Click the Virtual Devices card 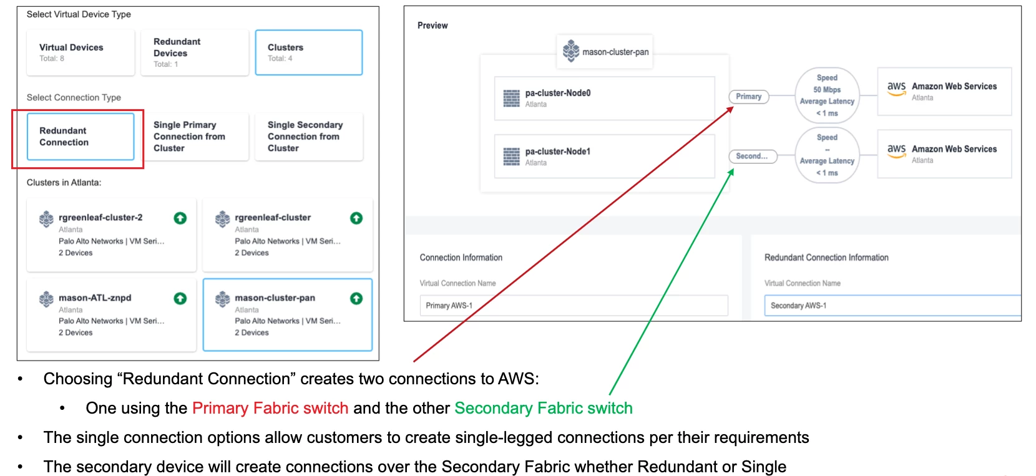(x=80, y=52)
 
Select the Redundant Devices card (x=195, y=52)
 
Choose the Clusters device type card (x=308, y=52)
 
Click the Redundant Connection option (x=80, y=137)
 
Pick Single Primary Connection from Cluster (x=195, y=137)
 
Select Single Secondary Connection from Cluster (x=308, y=137)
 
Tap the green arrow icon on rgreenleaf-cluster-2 (x=180, y=218)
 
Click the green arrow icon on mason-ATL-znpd (x=180, y=298)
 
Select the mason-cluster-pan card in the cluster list (x=288, y=314)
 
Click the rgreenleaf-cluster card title (x=273, y=218)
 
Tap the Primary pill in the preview (x=748, y=97)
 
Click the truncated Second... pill (x=752, y=156)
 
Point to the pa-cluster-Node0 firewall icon (x=512, y=98)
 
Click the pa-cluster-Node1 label (x=558, y=152)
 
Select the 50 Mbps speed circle (x=827, y=95)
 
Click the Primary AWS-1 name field (x=574, y=306)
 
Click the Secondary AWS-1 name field (x=892, y=306)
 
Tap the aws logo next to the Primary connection (x=896, y=88)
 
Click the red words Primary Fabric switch (x=270, y=408)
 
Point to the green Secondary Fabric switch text (x=543, y=408)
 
